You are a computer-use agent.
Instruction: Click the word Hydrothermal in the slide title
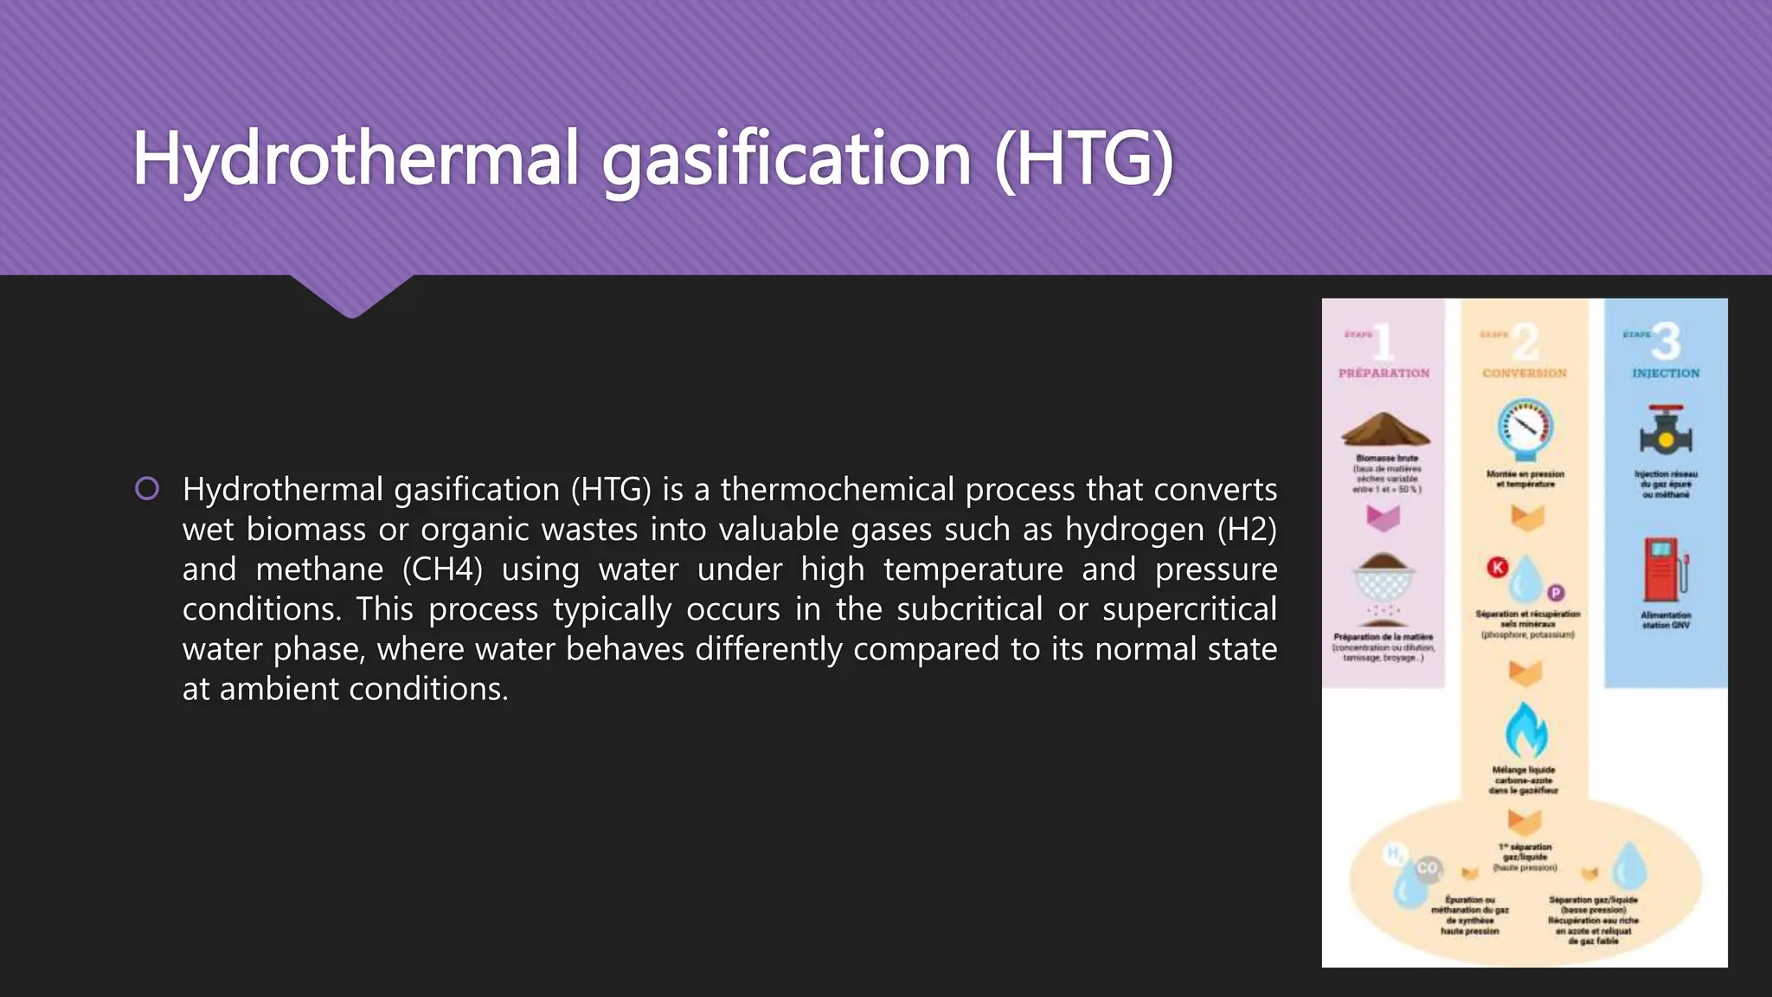pyautogui.click(x=355, y=158)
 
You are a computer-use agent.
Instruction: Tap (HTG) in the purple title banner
pyautogui.click(x=1083, y=158)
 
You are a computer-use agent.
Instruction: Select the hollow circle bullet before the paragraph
pyautogui.click(x=147, y=489)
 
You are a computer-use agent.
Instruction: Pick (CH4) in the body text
pyautogui.click(x=442, y=569)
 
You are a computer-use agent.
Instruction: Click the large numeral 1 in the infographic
pyautogui.click(x=1384, y=341)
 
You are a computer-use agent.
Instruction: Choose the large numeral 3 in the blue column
pyautogui.click(x=1666, y=341)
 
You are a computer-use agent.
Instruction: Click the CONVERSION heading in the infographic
pyautogui.click(x=1525, y=373)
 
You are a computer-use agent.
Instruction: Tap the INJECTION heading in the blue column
pyautogui.click(x=1666, y=373)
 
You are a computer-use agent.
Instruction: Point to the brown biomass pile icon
pyautogui.click(x=1385, y=429)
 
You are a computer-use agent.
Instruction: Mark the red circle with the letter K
pyautogui.click(x=1498, y=567)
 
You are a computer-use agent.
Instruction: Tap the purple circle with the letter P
pyautogui.click(x=1556, y=593)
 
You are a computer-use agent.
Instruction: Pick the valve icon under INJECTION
pyautogui.click(x=1666, y=431)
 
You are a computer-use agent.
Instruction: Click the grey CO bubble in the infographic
pyautogui.click(x=1427, y=867)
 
